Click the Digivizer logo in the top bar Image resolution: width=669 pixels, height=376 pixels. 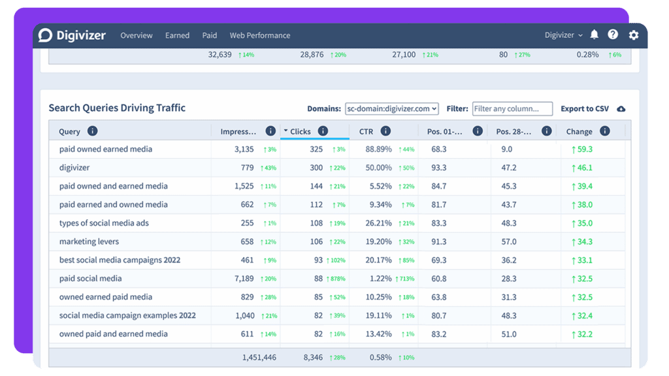point(72,35)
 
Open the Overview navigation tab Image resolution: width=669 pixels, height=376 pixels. point(136,35)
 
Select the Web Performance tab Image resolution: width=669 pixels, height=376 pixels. point(260,35)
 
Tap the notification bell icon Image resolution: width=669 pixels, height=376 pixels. point(594,35)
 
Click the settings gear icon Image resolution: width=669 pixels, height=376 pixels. point(634,35)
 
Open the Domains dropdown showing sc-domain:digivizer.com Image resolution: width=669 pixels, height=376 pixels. point(392,109)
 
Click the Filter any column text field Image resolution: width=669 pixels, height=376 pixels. point(512,109)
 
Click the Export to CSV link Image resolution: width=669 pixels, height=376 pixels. point(585,109)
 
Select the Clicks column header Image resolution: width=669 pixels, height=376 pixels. point(301,131)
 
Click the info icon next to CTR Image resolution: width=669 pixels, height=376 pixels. point(385,131)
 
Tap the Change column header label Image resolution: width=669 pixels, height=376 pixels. point(579,131)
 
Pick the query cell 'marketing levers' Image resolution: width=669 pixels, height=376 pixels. point(89,242)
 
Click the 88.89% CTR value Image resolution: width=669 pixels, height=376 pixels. point(378,149)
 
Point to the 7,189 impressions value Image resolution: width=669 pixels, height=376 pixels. point(244,278)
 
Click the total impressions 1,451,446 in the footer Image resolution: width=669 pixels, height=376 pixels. point(259,358)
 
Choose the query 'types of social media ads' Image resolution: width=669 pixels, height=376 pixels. point(104,223)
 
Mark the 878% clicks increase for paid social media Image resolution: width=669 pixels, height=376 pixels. point(336,279)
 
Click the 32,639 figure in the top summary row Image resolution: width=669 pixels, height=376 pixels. point(220,55)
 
